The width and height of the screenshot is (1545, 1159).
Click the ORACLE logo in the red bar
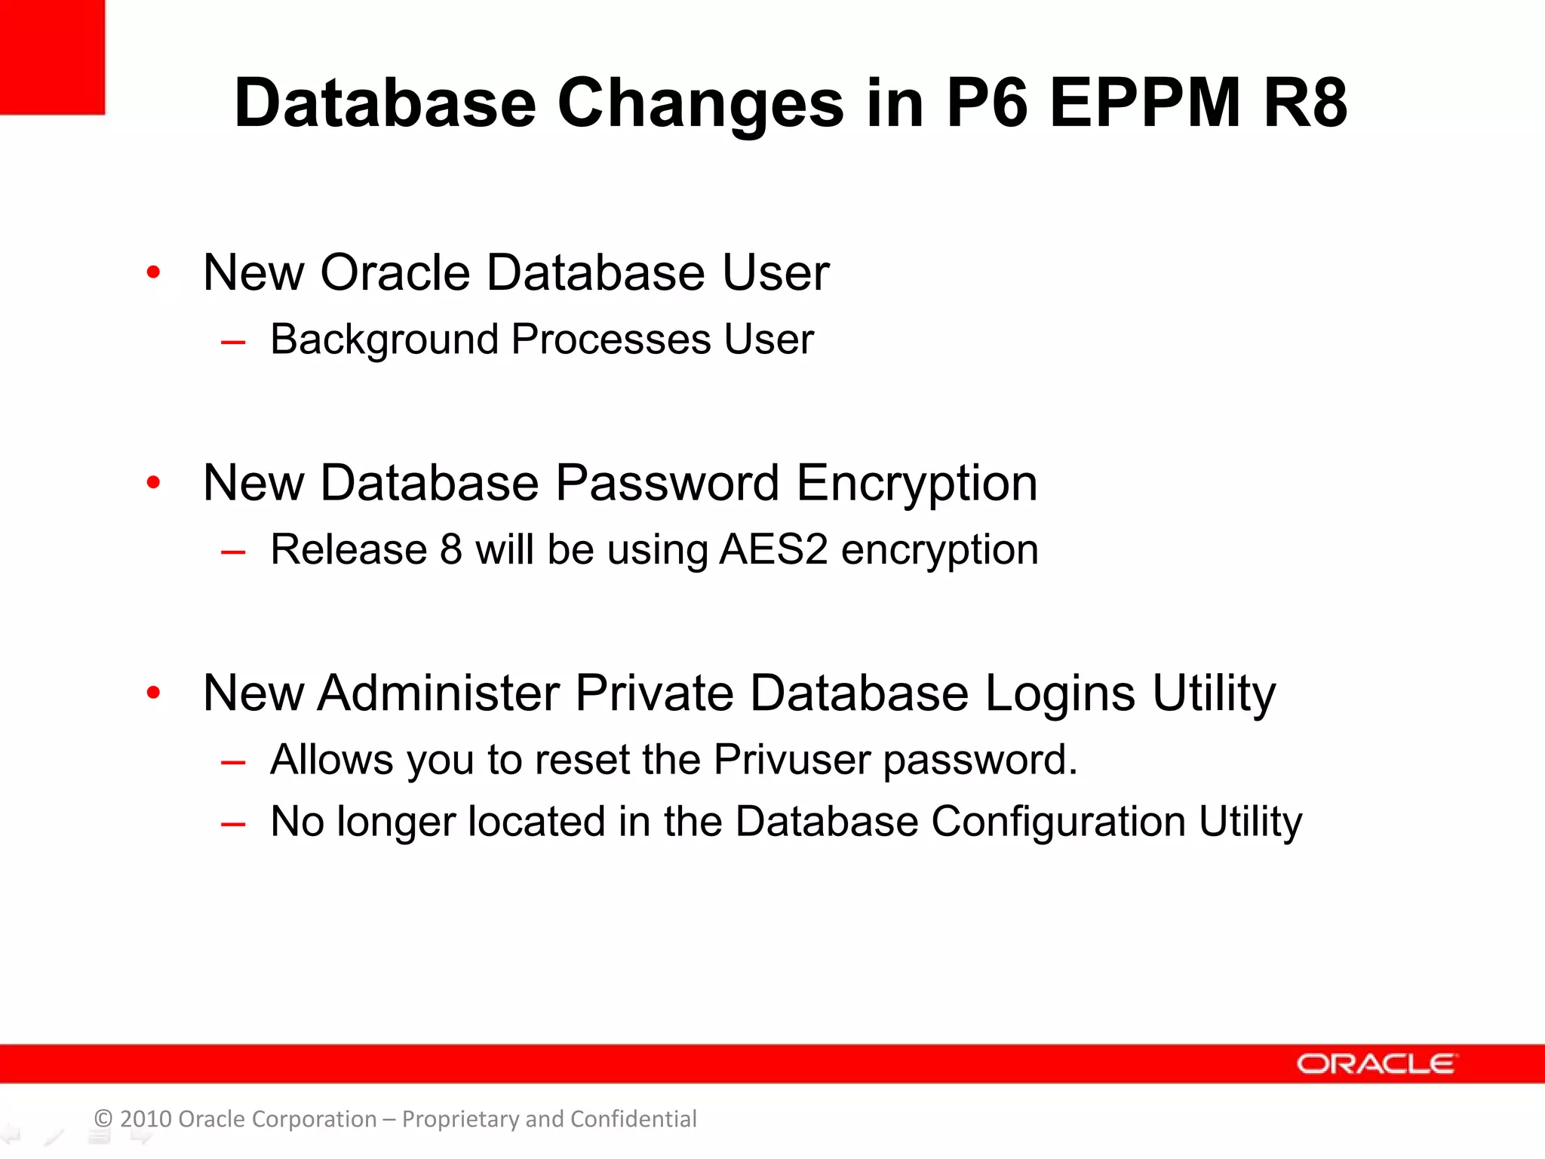pyautogui.click(x=1376, y=1064)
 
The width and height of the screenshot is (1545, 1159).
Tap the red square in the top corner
pyautogui.click(x=52, y=57)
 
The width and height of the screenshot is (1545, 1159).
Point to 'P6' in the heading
pyautogui.click(x=988, y=103)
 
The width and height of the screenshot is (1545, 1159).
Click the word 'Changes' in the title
pyautogui.click(x=701, y=103)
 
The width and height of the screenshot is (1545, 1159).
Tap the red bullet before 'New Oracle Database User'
pyautogui.click(x=154, y=272)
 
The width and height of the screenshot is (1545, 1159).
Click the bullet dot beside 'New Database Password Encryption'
pyautogui.click(x=154, y=482)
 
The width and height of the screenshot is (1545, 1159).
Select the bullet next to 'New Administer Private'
pyautogui.click(x=154, y=692)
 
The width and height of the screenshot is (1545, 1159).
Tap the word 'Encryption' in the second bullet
pyautogui.click(x=917, y=484)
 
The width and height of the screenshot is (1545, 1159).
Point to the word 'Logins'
pyautogui.click(x=1060, y=694)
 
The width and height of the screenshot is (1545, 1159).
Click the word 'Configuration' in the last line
pyautogui.click(x=1058, y=822)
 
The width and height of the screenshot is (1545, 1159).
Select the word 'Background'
pyautogui.click(x=384, y=340)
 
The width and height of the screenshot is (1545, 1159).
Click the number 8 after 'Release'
pyautogui.click(x=450, y=549)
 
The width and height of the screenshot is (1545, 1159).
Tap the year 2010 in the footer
pyautogui.click(x=146, y=1119)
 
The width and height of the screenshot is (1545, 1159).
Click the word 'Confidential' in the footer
pyautogui.click(x=633, y=1119)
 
